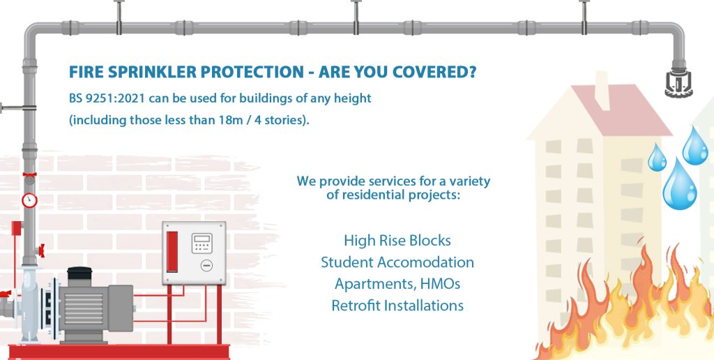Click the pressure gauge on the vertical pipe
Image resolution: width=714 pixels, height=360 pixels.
pyautogui.click(x=29, y=200)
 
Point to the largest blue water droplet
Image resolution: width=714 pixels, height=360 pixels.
pyautogui.click(x=680, y=186)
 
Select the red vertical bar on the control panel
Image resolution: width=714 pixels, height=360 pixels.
pyautogui.click(x=172, y=252)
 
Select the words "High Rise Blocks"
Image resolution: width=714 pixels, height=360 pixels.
pyautogui.click(x=397, y=241)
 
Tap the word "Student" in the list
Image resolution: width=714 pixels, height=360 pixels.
pyautogui.click(x=347, y=263)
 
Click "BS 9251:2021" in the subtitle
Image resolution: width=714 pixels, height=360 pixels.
pyautogui.click(x=101, y=98)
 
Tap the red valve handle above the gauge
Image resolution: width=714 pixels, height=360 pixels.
pyautogui.click(x=29, y=175)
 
